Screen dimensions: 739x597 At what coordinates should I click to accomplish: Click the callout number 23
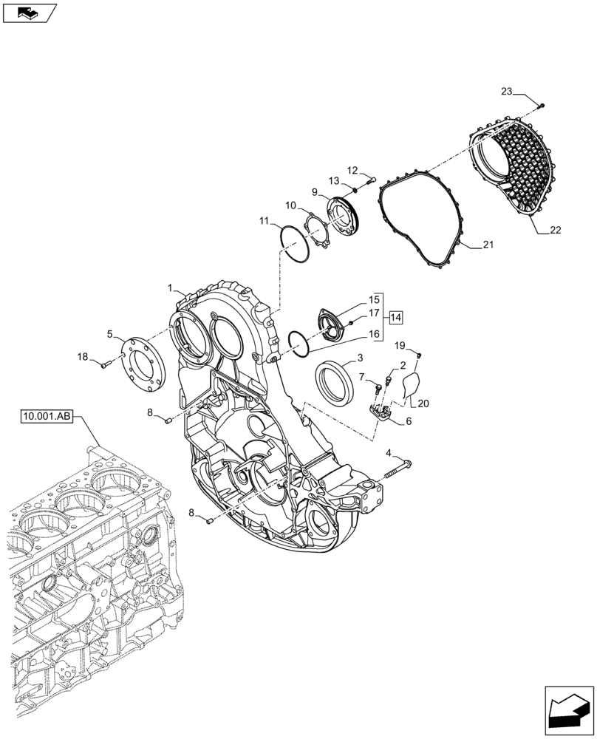(506, 92)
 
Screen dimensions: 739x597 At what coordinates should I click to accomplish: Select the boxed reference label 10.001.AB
(47, 418)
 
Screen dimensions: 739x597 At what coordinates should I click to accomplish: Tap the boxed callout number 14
(395, 317)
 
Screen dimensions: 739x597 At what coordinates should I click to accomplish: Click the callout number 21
(488, 245)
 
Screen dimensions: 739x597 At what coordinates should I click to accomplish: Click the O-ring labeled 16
(299, 343)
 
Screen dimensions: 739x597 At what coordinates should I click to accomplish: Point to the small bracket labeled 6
(383, 413)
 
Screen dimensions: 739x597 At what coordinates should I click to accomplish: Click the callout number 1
(170, 287)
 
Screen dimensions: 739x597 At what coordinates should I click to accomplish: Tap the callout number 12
(352, 169)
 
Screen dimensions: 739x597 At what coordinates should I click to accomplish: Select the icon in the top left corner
(30, 13)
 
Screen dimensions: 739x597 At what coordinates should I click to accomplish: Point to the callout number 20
(423, 403)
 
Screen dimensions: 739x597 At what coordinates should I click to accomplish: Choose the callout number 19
(399, 345)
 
